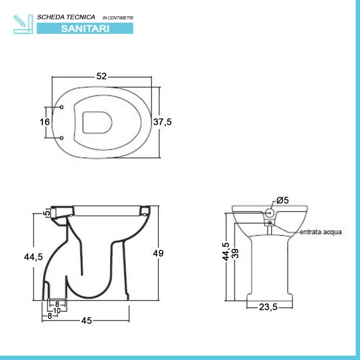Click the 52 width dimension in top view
[x=102, y=76]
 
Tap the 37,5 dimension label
[x=162, y=121]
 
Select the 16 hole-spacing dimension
[x=45, y=121]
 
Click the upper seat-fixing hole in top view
[x=62, y=107]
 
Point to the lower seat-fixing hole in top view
[x=62, y=138]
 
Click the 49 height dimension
[x=158, y=253]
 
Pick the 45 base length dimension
[x=86, y=320]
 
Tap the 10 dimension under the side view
[x=57, y=310]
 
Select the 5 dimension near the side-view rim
[x=47, y=213]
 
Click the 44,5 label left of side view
[x=33, y=256]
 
